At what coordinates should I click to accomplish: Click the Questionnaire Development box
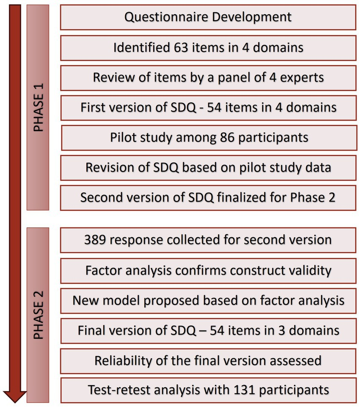point(208,17)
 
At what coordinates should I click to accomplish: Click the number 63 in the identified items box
point(177,47)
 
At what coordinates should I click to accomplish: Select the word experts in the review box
point(302,78)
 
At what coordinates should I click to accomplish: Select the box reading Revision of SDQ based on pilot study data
point(208,168)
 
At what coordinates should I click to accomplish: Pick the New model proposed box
point(208,301)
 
